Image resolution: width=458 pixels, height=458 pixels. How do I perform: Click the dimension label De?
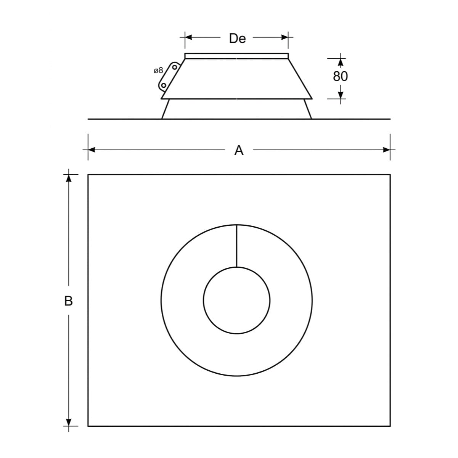237,39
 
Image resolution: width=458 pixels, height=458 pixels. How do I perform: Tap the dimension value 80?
340,76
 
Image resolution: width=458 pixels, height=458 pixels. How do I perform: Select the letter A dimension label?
239,150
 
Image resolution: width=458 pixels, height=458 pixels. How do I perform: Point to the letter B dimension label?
68,301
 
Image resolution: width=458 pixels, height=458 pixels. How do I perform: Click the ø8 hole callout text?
159,70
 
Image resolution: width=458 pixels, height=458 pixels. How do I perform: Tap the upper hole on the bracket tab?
175,67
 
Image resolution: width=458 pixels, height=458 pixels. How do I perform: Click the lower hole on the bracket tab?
164,85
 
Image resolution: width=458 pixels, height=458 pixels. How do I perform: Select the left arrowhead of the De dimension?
188,37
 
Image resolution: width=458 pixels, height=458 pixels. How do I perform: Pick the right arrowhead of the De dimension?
285,37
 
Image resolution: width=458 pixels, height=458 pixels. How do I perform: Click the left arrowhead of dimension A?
92,150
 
